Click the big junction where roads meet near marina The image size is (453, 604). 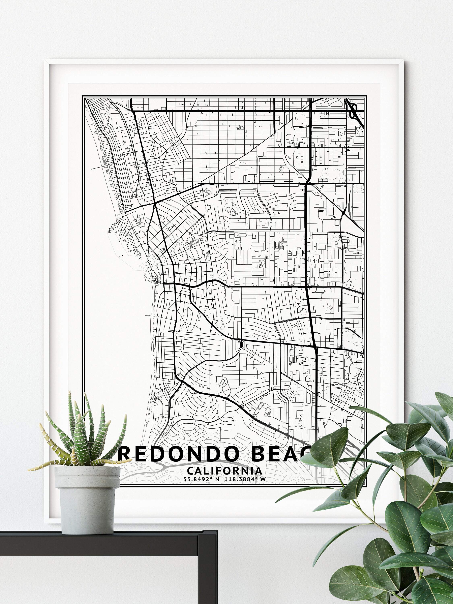click(x=155, y=203)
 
